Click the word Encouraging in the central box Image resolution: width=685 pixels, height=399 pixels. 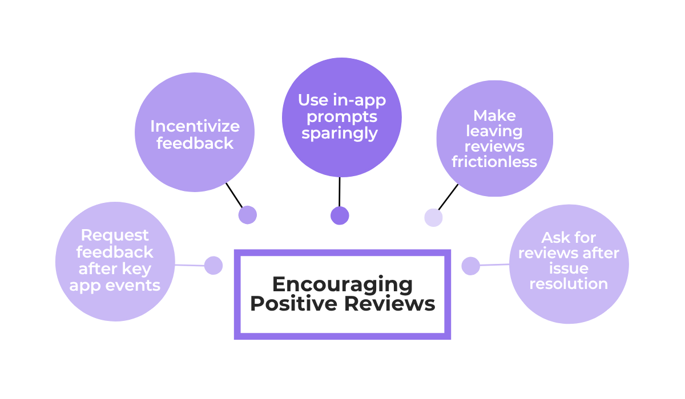[342, 284]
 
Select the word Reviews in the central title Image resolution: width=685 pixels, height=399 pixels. [389, 303]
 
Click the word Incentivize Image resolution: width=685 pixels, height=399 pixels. [195, 126]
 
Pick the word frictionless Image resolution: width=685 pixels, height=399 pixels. [494, 162]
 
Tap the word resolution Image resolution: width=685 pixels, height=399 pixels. [569, 283]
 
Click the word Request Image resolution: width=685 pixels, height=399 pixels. [115, 235]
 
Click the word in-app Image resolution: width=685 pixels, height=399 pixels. [359, 100]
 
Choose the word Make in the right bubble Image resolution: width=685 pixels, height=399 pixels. [494, 116]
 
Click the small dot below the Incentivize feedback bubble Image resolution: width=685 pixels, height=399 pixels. [247, 215]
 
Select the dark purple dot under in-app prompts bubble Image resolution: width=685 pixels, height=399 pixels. [340, 215]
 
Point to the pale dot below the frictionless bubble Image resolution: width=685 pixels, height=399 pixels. [434, 218]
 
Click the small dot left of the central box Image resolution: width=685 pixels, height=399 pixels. [213, 265]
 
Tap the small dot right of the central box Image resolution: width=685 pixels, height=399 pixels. [470, 266]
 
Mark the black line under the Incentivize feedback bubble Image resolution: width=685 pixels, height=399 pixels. [234, 195]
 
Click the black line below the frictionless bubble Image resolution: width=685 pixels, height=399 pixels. [448, 197]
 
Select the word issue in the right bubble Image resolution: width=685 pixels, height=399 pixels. [569, 268]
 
